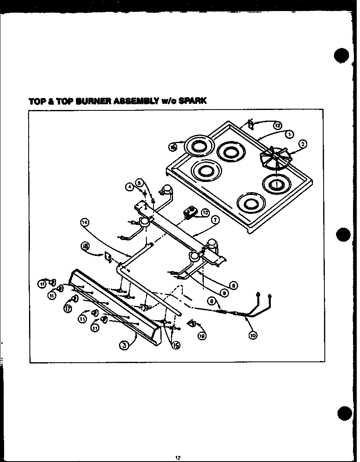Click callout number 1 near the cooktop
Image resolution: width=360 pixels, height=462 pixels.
[x=290, y=134]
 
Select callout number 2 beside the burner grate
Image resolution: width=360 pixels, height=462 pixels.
[x=303, y=143]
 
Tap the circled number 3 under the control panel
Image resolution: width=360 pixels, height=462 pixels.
[x=123, y=345]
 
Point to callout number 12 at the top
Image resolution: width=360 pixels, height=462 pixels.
[x=277, y=126]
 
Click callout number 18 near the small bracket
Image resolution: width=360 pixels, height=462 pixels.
[x=85, y=246]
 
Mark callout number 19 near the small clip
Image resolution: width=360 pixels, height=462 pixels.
[x=202, y=336]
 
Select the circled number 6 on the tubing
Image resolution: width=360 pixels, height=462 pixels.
[x=211, y=301]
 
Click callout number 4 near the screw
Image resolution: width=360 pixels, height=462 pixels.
[x=130, y=187]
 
